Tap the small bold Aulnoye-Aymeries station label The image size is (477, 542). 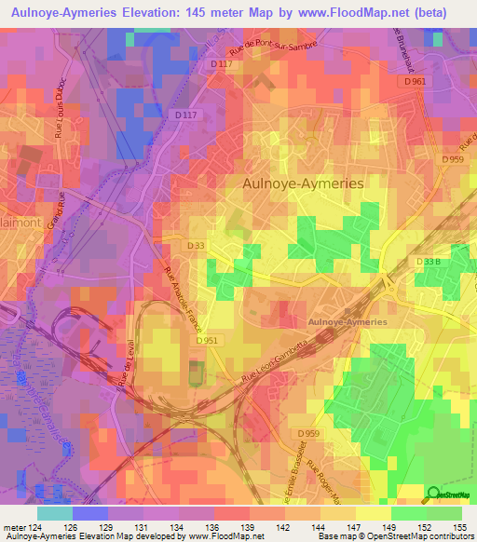(346, 321)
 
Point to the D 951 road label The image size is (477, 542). (208, 341)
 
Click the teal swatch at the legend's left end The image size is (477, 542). (55, 512)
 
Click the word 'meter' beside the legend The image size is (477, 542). (15, 526)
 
